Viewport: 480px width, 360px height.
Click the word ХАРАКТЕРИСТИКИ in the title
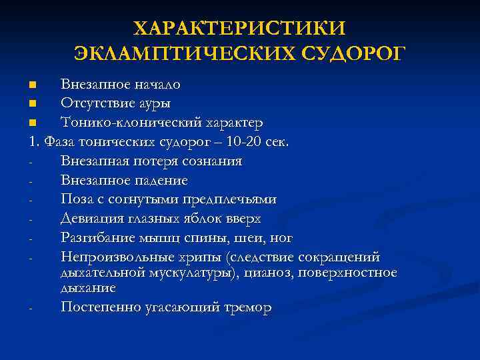click(x=240, y=29)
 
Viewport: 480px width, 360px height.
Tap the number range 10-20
click(x=245, y=142)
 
